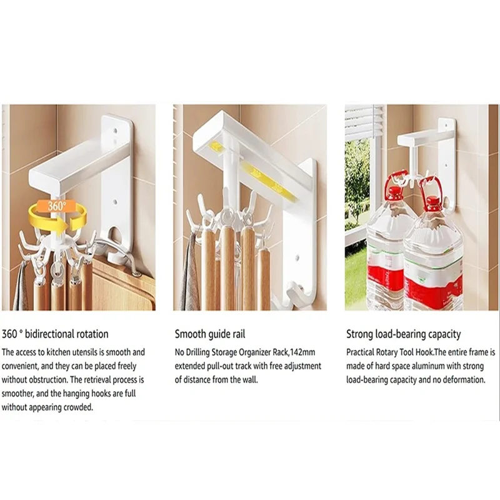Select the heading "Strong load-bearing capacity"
coord(403,334)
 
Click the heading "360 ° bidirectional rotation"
coord(55,334)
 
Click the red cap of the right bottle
coord(432,202)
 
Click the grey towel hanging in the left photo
coord(20,287)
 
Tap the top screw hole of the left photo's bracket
coord(117,132)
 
